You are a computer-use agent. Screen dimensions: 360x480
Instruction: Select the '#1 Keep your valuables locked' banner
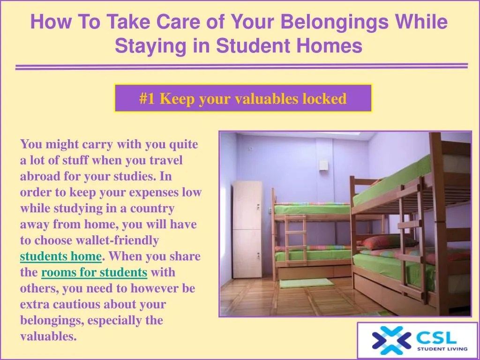point(243,98)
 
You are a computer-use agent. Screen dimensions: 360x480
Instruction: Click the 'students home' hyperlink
point(60,256)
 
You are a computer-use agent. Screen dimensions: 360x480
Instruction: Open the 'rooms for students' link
point(94,272)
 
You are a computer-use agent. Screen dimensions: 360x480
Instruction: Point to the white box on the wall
point(323,165)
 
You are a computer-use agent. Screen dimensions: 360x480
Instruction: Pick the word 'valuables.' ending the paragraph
point(48,336)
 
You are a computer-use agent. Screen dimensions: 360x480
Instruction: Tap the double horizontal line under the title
point(241,67)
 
